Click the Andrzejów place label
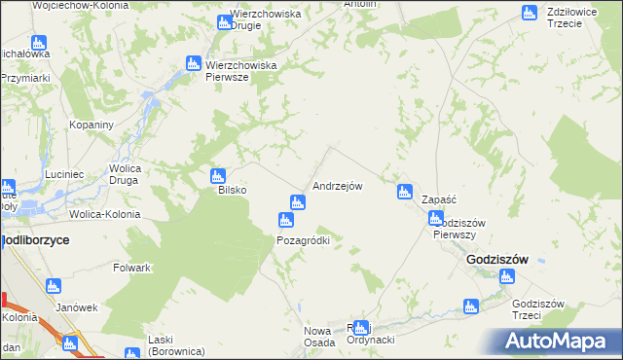tap(338, 185)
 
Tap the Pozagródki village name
tap(304, 240)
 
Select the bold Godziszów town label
tap(496, 260)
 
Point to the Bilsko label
tap(232, 191)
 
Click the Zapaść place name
tap(439, 198)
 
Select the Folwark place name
tap(131, 268)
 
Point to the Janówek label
tap(78, 306)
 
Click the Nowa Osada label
tap(318, 336)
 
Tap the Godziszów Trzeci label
tap(538, 309)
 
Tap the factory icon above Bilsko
tap(218, 176)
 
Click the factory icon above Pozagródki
tap(286, 220)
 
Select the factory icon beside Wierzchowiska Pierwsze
tap(193, 64)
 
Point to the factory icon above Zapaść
tap(404, 192)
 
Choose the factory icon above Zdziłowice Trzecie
tap(530, 13)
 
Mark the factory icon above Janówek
tap(53, 286)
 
